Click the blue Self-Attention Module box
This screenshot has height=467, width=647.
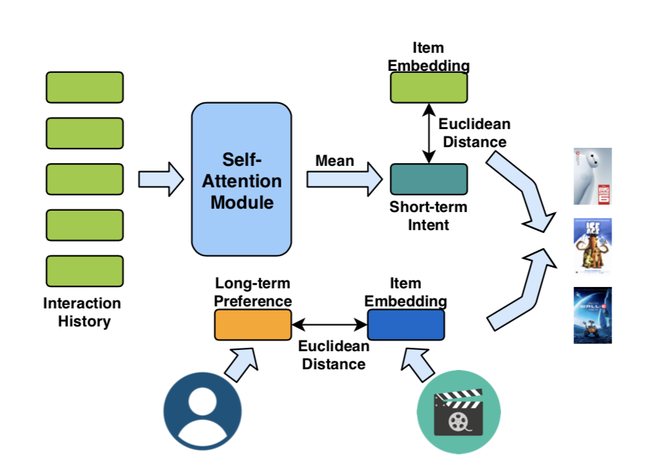(x=241, y=179)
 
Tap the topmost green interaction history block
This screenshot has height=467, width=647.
(x=84, y=88)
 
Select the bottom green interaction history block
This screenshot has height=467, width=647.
(x=84, y=271)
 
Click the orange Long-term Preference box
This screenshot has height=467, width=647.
(x=253, y=325)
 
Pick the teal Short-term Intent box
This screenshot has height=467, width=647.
(x=428, y=179)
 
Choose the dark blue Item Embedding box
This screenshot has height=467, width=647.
(x=406, y=325)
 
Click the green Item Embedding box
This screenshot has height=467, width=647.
(x=428, y=88)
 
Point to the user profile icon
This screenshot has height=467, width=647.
(x=203, y=409)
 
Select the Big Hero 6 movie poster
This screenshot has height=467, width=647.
(x=592, y=176)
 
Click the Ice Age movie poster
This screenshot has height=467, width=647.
(x=592, y=246)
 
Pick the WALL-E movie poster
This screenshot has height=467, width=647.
(x=592, y=315)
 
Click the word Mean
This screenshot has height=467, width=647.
(x=335, y=161)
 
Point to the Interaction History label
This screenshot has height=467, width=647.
(x=82, y=312)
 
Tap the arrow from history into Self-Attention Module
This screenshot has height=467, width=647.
(x=160, y=179)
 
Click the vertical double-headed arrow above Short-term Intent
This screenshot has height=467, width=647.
(x=428, y=133)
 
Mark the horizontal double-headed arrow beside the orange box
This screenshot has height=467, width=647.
(x=330, y=326)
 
